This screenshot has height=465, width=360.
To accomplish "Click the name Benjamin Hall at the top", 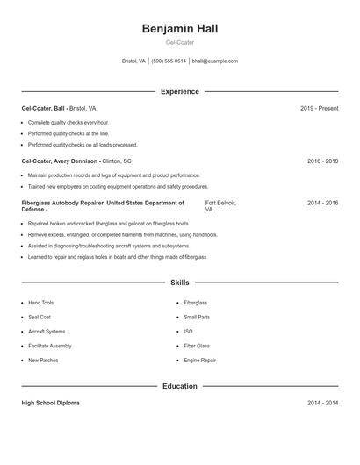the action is (x=179, y=29).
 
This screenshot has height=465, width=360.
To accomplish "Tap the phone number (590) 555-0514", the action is (x=169, y=61).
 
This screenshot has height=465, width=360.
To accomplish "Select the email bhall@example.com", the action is (x=215, y=61).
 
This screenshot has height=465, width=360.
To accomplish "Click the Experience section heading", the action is (x=179, y=91).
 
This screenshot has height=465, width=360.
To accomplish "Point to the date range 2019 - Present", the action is (x=319, y=108).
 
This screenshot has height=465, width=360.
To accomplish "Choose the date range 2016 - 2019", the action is (x=322, y=161).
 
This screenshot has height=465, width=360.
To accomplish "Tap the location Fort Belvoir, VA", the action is (x=220, y=206).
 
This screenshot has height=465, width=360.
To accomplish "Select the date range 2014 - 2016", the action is (x=322, y=203).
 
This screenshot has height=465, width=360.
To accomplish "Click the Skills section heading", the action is (x=179, y=283).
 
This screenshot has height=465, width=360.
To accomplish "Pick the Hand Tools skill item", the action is (x=40, y=303).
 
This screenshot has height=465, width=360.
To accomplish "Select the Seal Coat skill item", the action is (x=40, y=317).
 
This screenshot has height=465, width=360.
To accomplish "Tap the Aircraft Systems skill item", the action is (x=47, y=332).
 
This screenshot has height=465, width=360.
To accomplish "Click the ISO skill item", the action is (x=188, y=332).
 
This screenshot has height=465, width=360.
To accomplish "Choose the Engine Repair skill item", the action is (x=199, y=361).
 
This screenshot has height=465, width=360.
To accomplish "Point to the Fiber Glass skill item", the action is (x=197, y=346).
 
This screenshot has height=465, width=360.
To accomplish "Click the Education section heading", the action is (x=179, y=386).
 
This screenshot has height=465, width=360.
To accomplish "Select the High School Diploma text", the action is (x=50, y=403).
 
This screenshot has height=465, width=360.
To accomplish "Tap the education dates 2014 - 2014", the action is (x=322, y=403).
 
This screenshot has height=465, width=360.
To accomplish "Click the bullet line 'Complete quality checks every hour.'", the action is (x=68, y=122).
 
